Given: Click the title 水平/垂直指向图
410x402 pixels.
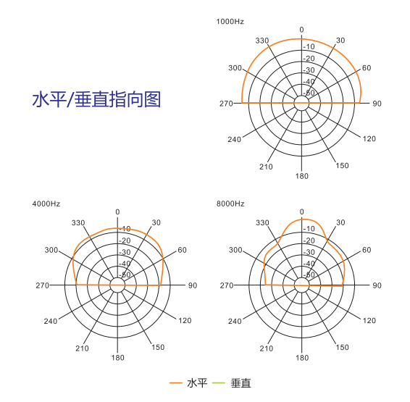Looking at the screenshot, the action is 96,99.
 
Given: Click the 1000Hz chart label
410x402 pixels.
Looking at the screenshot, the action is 230,22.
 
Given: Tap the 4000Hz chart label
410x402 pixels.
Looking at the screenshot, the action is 46,204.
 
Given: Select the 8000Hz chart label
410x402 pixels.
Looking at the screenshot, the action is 230,204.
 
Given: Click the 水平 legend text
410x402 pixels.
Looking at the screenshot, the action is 197,383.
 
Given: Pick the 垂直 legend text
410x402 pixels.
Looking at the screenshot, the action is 240,383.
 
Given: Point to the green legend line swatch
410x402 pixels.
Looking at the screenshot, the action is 219,383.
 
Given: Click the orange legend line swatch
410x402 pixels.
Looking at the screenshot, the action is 176,383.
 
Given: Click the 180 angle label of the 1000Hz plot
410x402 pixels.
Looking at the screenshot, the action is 302,176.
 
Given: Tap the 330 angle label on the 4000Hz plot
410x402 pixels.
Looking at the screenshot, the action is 78,223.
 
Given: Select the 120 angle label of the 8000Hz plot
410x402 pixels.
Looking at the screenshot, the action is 369,320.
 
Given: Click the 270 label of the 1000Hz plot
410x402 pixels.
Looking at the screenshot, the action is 226,104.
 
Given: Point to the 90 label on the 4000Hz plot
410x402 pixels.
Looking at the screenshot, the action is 193,285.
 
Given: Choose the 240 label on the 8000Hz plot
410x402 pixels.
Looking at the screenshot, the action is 235,321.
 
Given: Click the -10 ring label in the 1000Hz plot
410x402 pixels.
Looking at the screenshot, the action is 309,46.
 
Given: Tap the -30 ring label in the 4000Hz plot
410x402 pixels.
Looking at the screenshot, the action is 125,252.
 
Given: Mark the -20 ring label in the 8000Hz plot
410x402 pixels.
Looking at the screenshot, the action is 309,240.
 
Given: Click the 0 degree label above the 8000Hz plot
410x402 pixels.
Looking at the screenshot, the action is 302,212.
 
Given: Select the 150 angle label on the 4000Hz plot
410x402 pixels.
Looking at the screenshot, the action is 158,348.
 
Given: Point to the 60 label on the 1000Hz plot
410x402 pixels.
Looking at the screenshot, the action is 367,68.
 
